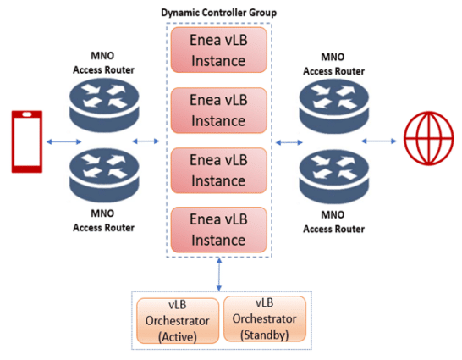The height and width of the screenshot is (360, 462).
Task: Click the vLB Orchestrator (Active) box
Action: coord(177,318)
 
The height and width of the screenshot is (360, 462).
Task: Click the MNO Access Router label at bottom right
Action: coord(334,222)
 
